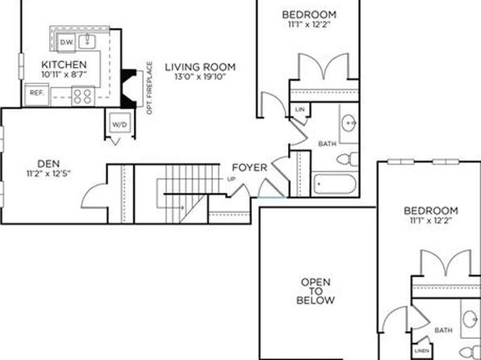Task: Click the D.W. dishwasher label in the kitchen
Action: pyautogui.click(x=66, y=42)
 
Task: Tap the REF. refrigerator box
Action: pyautogui.click(x=36, y=94)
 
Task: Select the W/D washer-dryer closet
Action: pyautogui.click(x=119, y=124)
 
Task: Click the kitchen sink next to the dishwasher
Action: pyautogui.click(x=87, y=41)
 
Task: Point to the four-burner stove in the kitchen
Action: pyautogui.click(x=83, y=96)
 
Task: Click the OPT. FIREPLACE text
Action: pyautogui.click(x=149, y=88)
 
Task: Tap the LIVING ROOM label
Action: pyautogui.click(x=200, y=67)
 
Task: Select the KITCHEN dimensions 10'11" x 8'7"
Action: pyautogui.click(x=65, y=74)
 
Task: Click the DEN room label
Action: pyautogui.click(x=48, y=164)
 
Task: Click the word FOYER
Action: pyautogui.click(x=249, y=168)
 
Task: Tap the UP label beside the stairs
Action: pyautogui.click(x=232, y=179)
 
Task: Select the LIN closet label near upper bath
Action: pyautogui.click(x=299, y=109)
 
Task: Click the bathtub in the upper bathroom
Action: pyautogui.click(x=335, y=183)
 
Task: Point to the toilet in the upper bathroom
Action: pyautogui.click(x=348, y=159)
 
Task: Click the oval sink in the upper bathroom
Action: pyautogui.click(x=349, y=123)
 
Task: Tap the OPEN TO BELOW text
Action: pyautogui.click(x=316, y=291)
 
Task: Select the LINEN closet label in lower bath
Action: pyautogui.click(x=421, y=350)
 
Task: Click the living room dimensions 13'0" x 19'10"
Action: pyautogui.click(x=200, y=77)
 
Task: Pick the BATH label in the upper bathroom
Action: pyautogui.click(x=328, y=144)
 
